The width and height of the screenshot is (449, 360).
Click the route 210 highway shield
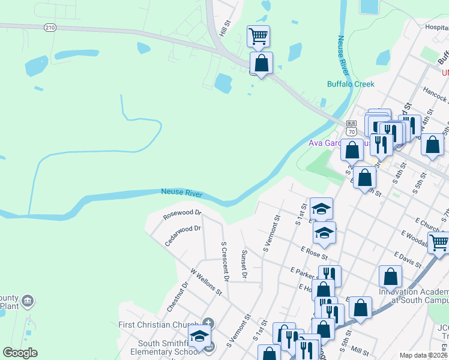50,27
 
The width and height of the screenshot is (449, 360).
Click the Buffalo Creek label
351,84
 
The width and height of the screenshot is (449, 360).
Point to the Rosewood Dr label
182,213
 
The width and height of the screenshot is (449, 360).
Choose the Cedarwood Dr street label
182,235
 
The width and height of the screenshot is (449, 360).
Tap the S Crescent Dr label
224,261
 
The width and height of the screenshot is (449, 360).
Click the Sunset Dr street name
244,265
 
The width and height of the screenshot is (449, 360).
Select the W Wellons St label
206,282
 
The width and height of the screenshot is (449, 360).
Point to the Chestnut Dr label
178,296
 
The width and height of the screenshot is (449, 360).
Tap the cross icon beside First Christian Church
208,323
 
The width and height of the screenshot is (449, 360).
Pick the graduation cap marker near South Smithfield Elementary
199,337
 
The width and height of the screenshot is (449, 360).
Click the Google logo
20,353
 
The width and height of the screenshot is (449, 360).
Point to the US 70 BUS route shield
351,127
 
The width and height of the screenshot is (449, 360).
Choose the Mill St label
361,349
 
